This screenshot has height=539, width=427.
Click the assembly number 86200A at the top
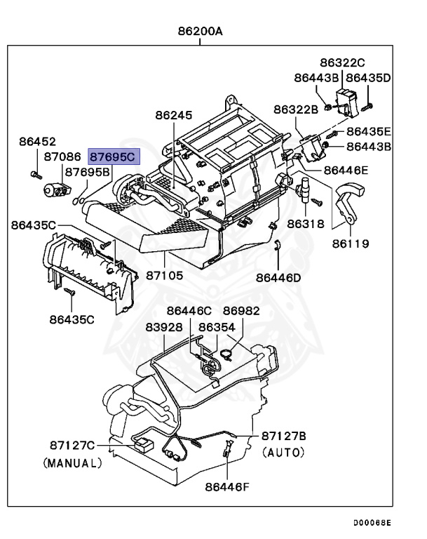[200, 32]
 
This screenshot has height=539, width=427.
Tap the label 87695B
[88, 172]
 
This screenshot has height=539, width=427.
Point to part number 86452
[37, 142]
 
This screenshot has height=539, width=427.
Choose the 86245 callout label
[173, 115]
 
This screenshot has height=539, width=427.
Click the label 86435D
[368, 77]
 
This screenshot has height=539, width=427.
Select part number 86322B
[296, 109]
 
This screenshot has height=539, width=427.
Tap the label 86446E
[346, 170]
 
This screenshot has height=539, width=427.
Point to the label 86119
[351, 244]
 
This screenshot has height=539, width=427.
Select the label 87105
[165, 276]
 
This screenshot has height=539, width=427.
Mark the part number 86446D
[278, 278]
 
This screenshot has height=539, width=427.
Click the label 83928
[164, 327]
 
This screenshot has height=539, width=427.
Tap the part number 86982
[241, 311]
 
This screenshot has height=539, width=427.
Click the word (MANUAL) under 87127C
[72, 463]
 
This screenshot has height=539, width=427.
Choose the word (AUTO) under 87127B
[284, 453]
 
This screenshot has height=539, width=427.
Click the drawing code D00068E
[372, 522]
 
